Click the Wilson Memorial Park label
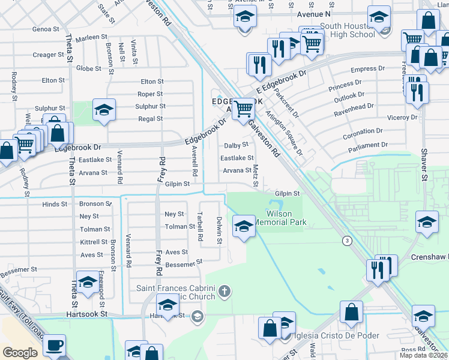279,218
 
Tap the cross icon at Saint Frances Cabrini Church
224,292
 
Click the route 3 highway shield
346,241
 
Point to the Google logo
20,353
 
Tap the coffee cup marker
54,346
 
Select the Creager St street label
48,55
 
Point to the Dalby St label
236,145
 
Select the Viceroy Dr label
400,117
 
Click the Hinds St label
55,204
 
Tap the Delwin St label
220,230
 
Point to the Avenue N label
314,13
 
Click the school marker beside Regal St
104,110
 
